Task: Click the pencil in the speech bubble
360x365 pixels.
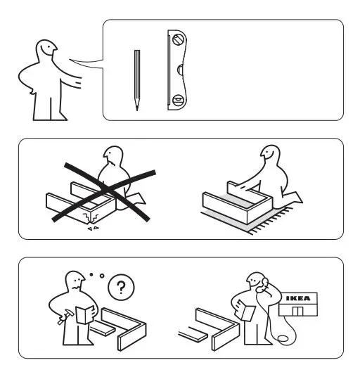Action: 137,79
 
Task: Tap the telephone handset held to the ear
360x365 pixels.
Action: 264,282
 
